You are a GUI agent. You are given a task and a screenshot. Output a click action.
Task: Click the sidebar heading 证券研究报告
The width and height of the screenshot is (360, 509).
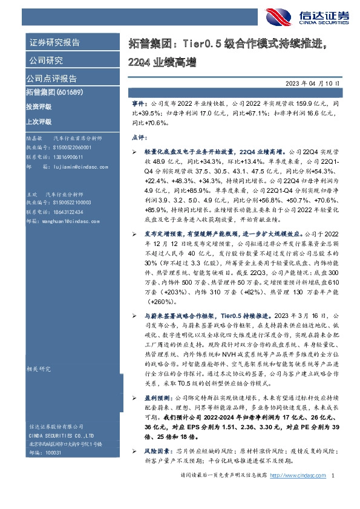point(54,43)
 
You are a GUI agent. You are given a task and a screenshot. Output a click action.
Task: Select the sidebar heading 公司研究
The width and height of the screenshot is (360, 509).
point(45,60)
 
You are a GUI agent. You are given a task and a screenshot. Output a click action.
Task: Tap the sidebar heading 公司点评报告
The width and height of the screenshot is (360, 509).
point(51,79)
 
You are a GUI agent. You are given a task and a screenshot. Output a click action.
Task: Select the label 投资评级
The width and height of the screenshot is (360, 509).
point(39,107)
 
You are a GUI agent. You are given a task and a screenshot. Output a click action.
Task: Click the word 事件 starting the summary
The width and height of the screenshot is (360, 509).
point(139,104)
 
